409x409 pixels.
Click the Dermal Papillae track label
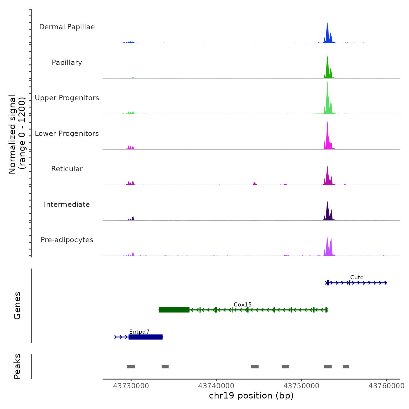pos(67,27)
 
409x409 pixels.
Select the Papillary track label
pos(67,63)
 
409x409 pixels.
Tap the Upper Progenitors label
pos(67,98)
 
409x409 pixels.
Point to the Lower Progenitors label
pos(67,134)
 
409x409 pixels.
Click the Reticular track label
pos(67,169)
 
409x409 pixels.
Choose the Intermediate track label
pos(67,204)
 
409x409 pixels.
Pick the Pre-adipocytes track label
pos(67,240)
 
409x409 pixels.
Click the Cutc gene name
pos(357,278)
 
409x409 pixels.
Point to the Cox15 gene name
pos(242,304)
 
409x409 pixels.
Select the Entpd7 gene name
pos(139,332)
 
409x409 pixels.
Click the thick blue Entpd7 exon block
pos(145,337)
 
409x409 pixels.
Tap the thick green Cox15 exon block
pos(174,310)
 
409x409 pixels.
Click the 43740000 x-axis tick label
pos(216,386)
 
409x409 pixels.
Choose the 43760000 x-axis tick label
pos(386,386)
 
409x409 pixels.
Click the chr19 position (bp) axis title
pos(251,396)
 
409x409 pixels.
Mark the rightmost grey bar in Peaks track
pos(346,367)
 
